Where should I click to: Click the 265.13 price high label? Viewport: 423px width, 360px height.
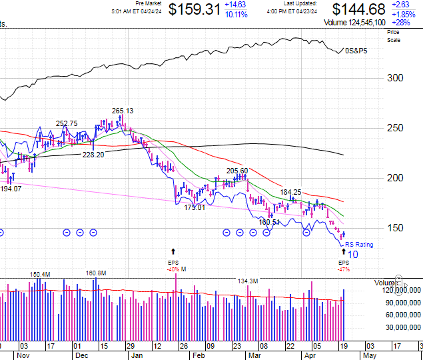pyautogui.click(x=123, y=111)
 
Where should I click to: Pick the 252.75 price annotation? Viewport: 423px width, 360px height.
pyautogui.click(x=67, y=123)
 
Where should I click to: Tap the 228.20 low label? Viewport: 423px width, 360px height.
pyautogui.click(x=93, y=155)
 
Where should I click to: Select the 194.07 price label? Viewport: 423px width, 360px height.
pyautogui.click(x=11, y=189)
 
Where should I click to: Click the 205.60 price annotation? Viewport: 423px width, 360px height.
pyautogui.click(x=237, y=171)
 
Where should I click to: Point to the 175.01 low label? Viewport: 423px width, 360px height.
pyautogui.click(x=195, y=207)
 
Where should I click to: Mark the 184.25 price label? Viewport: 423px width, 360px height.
pyautogui.click(x=290, y=192)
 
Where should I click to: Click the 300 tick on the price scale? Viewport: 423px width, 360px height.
pyautogui.click(x=396, y=78)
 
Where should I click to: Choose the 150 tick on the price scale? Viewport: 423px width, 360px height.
pyautogui.click(x=396, y=227)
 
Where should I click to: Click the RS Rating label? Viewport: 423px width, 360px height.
pyautogui.click(x=359, y=245)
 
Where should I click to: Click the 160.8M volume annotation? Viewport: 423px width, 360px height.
pyautogui.click(x=97, y=273)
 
